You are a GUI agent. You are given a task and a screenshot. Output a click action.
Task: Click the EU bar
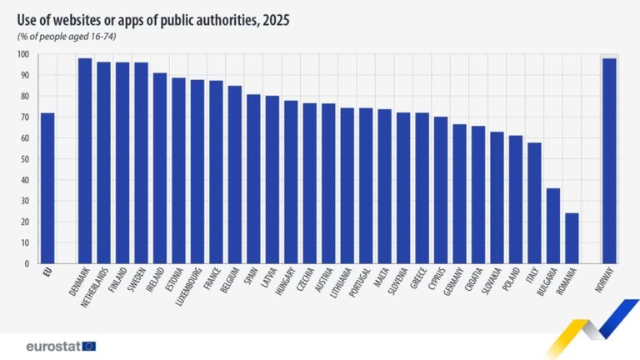[x=47, y=188]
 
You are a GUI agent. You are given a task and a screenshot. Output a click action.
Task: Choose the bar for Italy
[x=534, y=203]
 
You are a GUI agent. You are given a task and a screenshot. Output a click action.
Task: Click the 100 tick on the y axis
[x=22, y=55]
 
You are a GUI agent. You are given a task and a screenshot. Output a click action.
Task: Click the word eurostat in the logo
[x=52, y=345]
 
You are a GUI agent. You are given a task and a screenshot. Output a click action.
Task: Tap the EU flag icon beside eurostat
[x=89, y=345]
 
